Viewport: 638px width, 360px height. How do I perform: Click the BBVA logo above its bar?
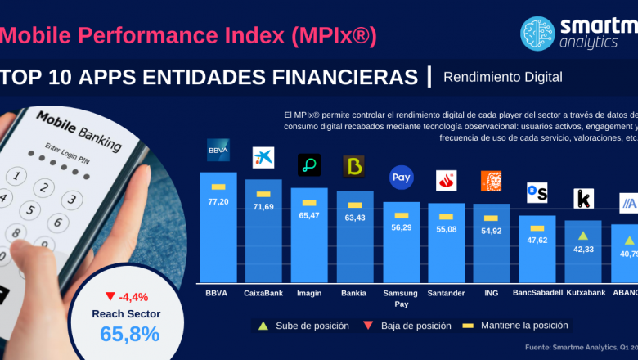[218, 151]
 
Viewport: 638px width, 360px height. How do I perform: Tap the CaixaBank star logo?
[263, 158]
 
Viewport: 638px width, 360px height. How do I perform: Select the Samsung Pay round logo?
[401, 177]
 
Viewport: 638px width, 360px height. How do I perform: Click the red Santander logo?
[446, 180]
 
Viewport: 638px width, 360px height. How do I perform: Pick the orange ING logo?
[491, 182]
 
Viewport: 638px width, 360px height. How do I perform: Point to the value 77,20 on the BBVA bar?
[218, 200]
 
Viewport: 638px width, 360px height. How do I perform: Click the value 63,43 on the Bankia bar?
[355, 218]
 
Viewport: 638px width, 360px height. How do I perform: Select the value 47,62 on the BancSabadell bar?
[537, 240]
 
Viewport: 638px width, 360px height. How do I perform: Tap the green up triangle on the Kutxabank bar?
[583, 236]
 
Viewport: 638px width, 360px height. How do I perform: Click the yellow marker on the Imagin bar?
[309, 203]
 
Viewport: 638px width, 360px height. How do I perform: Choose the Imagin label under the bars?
[309, 293]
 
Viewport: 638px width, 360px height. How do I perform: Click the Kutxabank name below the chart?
[584, 293]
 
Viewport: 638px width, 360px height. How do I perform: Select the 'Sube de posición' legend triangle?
[263, 326]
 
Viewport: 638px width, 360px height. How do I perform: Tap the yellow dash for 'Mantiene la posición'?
[470, 326]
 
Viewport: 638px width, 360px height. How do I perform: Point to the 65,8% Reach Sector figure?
[130, 334]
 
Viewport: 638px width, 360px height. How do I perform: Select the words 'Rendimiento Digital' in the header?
[503, 77]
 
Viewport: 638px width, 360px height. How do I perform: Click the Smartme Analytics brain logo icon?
[538, 34]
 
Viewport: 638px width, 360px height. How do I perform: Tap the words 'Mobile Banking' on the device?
[79, 131]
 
